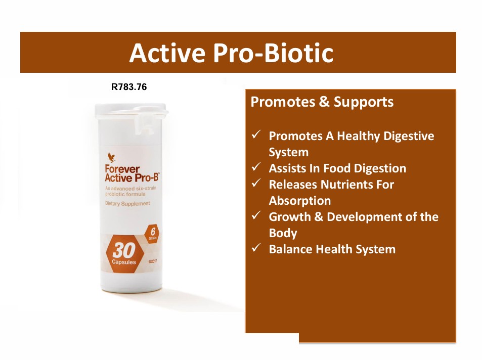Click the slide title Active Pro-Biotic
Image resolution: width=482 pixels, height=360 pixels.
(231, 53)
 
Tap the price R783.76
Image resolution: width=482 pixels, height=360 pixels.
(129, 87)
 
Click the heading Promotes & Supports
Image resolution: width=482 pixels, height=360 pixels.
(322, 102)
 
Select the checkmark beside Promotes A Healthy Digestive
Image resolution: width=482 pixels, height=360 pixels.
(256, 135)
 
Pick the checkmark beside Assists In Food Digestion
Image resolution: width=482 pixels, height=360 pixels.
(256, 167)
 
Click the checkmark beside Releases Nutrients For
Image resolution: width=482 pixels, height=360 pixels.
(256, 184)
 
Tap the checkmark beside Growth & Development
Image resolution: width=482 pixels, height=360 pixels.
(256, 216)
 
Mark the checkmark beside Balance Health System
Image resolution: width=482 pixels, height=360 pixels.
(256, 248)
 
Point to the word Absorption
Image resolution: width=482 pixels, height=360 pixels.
(300, 201)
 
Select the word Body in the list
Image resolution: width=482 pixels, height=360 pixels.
(283, 233)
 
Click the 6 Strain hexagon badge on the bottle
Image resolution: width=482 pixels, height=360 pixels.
(152, 233)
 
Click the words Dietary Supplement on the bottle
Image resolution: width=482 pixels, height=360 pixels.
(127, 204)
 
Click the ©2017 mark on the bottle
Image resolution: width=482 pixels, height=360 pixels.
(154, 261)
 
